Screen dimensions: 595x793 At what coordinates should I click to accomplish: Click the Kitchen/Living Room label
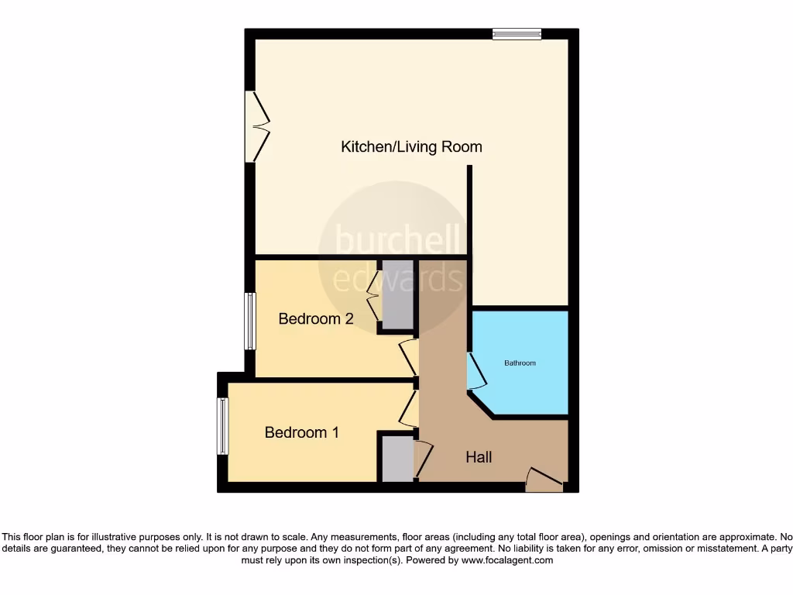(411, 146)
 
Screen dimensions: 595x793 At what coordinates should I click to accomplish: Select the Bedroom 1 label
(301, 432)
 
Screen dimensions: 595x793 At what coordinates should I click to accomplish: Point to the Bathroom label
(520, 363)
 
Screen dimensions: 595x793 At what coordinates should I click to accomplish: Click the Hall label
(479, 457)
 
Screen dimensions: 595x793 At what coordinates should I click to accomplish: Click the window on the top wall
(517, 33)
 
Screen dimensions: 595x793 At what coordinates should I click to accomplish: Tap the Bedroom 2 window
(249, 321)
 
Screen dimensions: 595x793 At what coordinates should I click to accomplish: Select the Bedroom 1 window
(222, 425)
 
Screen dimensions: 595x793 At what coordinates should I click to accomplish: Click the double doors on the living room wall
(256, 126)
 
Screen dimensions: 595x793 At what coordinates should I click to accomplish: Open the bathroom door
(476, 371)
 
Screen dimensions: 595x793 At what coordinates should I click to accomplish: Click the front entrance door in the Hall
(544, 480)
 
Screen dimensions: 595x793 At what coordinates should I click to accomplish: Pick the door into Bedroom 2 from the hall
(408, 358)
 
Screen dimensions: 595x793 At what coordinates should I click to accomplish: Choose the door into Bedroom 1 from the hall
(408, 408)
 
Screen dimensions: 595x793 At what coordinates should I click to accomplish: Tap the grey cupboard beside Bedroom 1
(396, 459)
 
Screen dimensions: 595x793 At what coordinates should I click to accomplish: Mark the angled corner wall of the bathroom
(481, 404)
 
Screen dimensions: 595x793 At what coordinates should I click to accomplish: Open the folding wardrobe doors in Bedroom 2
(372, 295)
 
